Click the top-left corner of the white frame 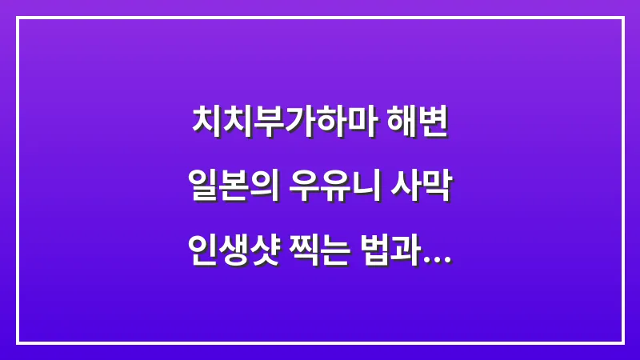[18, 18]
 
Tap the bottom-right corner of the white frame [622, 342]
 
